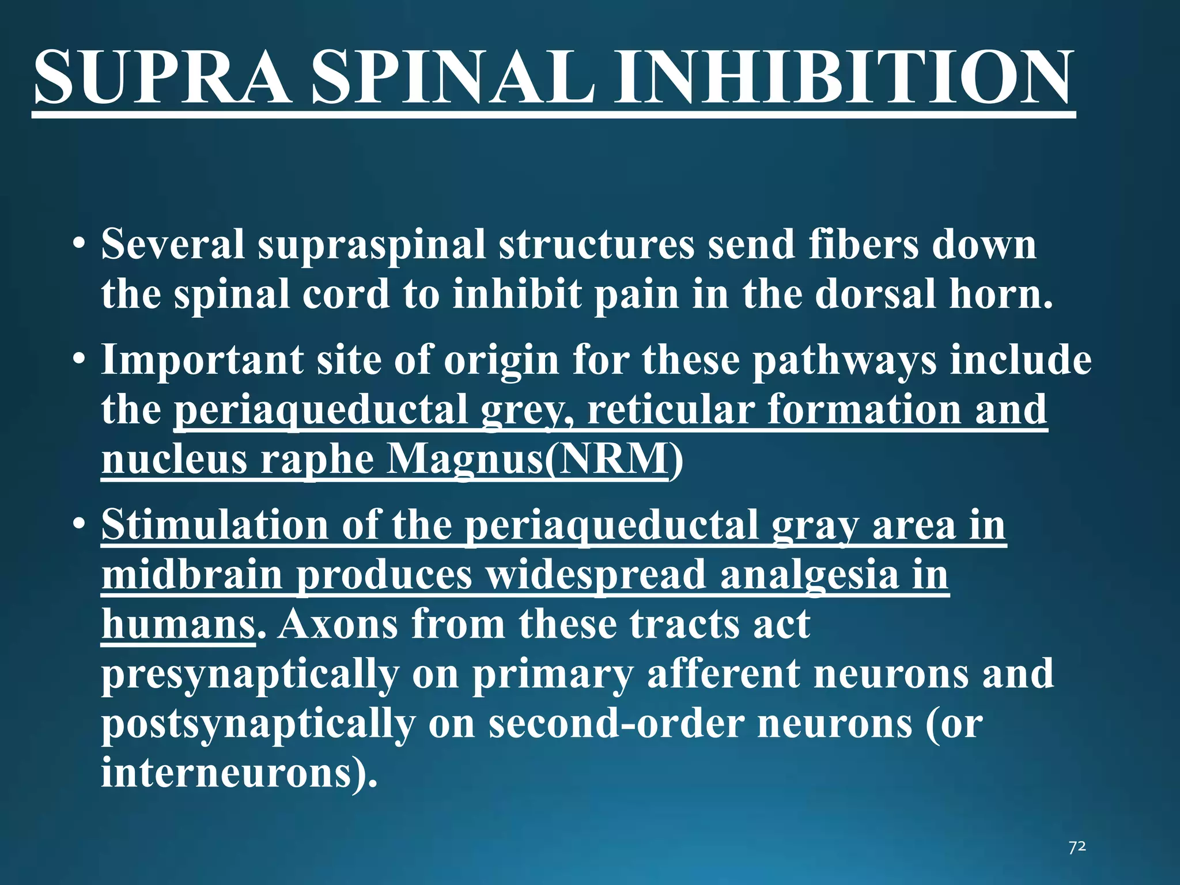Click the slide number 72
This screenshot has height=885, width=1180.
point(1077,846)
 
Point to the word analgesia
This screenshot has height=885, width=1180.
point(809,575)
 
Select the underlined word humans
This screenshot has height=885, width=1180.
point(177,625)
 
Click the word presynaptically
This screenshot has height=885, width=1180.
point(250,674)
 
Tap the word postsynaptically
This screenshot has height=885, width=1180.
point(258,724)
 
